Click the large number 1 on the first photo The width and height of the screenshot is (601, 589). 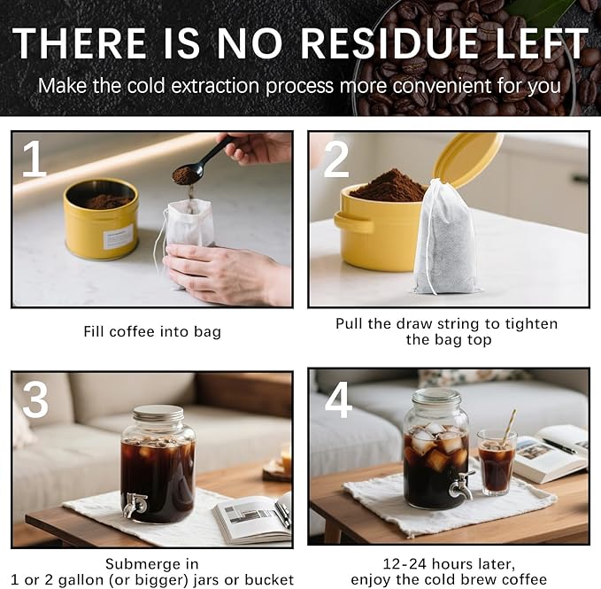[x=34, y=159]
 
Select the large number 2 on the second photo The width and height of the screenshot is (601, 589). [x=336, y=159]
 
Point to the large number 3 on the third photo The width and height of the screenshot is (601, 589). [x=35, y=400]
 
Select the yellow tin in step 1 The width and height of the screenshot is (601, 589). [x=101, y=219]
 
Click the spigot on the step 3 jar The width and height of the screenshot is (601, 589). [x=135, y=505]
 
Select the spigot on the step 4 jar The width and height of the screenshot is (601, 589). [x=460, y=484]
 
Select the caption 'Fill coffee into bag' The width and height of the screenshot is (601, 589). [x=151, y=332]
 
